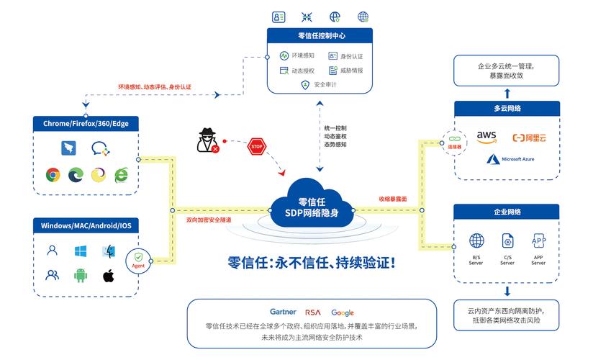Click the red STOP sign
(x=257, y=147)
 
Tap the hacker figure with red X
(x=208, y=141)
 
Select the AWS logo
(x=487, y=135)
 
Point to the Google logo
(x=343, y=312)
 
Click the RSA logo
(x=313, y=312)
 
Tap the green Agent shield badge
(x=138, y=259)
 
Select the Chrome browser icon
(x=53, y=174)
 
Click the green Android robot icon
(x=81, y=275)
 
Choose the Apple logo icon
(x=109, y=275)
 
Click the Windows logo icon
(x=81, y=251)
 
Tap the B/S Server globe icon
(x=476, y=240)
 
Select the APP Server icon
(x=538, y=240)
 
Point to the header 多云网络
(x=507, y=108)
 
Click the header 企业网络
(x=507, y=212)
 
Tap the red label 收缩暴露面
(x=393, y=199)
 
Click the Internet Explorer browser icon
(x=121, y=174)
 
